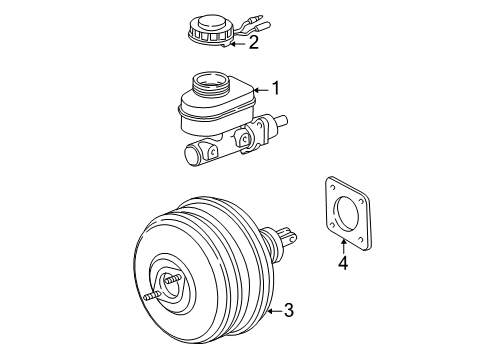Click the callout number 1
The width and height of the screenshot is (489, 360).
tap(276, 89)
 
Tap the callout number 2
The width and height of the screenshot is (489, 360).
tap(254, 42)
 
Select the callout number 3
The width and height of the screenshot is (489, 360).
tap(288, 311)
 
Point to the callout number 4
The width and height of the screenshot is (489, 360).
tap(342, 264)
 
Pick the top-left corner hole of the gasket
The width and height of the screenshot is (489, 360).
tap(330, 186)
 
